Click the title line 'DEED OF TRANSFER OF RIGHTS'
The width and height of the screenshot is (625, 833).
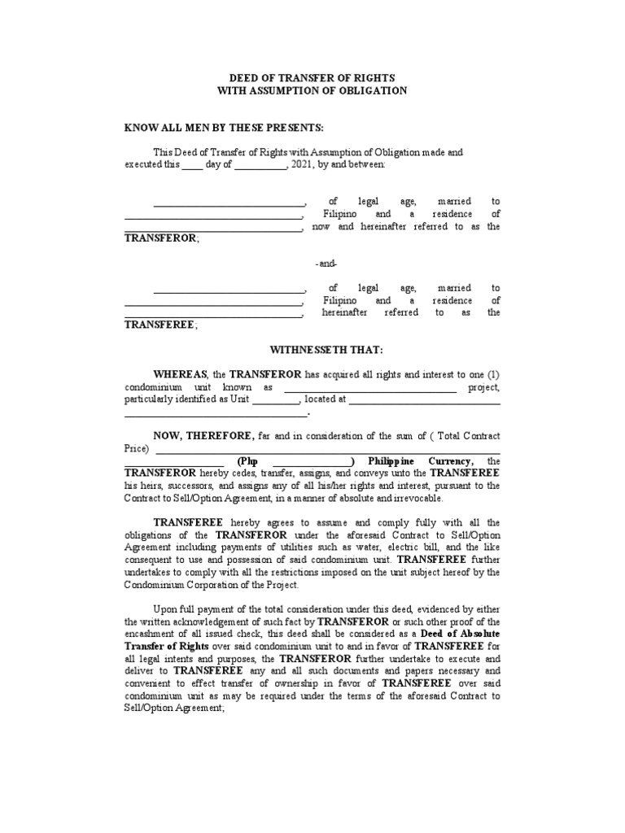point(312,77)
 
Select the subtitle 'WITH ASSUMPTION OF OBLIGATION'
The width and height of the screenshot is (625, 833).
point(312,90)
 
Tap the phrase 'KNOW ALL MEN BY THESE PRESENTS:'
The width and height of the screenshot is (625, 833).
point(224,129)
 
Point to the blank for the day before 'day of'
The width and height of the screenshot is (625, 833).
point(191,165)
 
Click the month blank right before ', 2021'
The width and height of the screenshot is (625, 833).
point(260,165)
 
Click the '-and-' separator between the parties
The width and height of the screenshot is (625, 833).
point(326,264)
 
